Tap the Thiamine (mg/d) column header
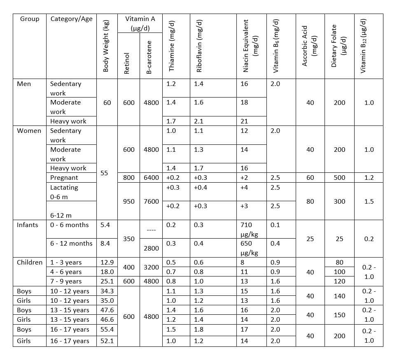[172, 45]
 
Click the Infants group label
[27, 225]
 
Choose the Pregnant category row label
[64, 178]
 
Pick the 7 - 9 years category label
[65, 281]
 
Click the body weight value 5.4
[106, 225]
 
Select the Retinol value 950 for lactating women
[128, 202]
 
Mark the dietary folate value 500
[339, 178]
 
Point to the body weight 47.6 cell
[107, 310]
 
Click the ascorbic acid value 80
[310, 202]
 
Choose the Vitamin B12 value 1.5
[369, 202]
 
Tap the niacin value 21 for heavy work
[244, 121]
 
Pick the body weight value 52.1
[107, 341]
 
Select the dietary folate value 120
[339, 281]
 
